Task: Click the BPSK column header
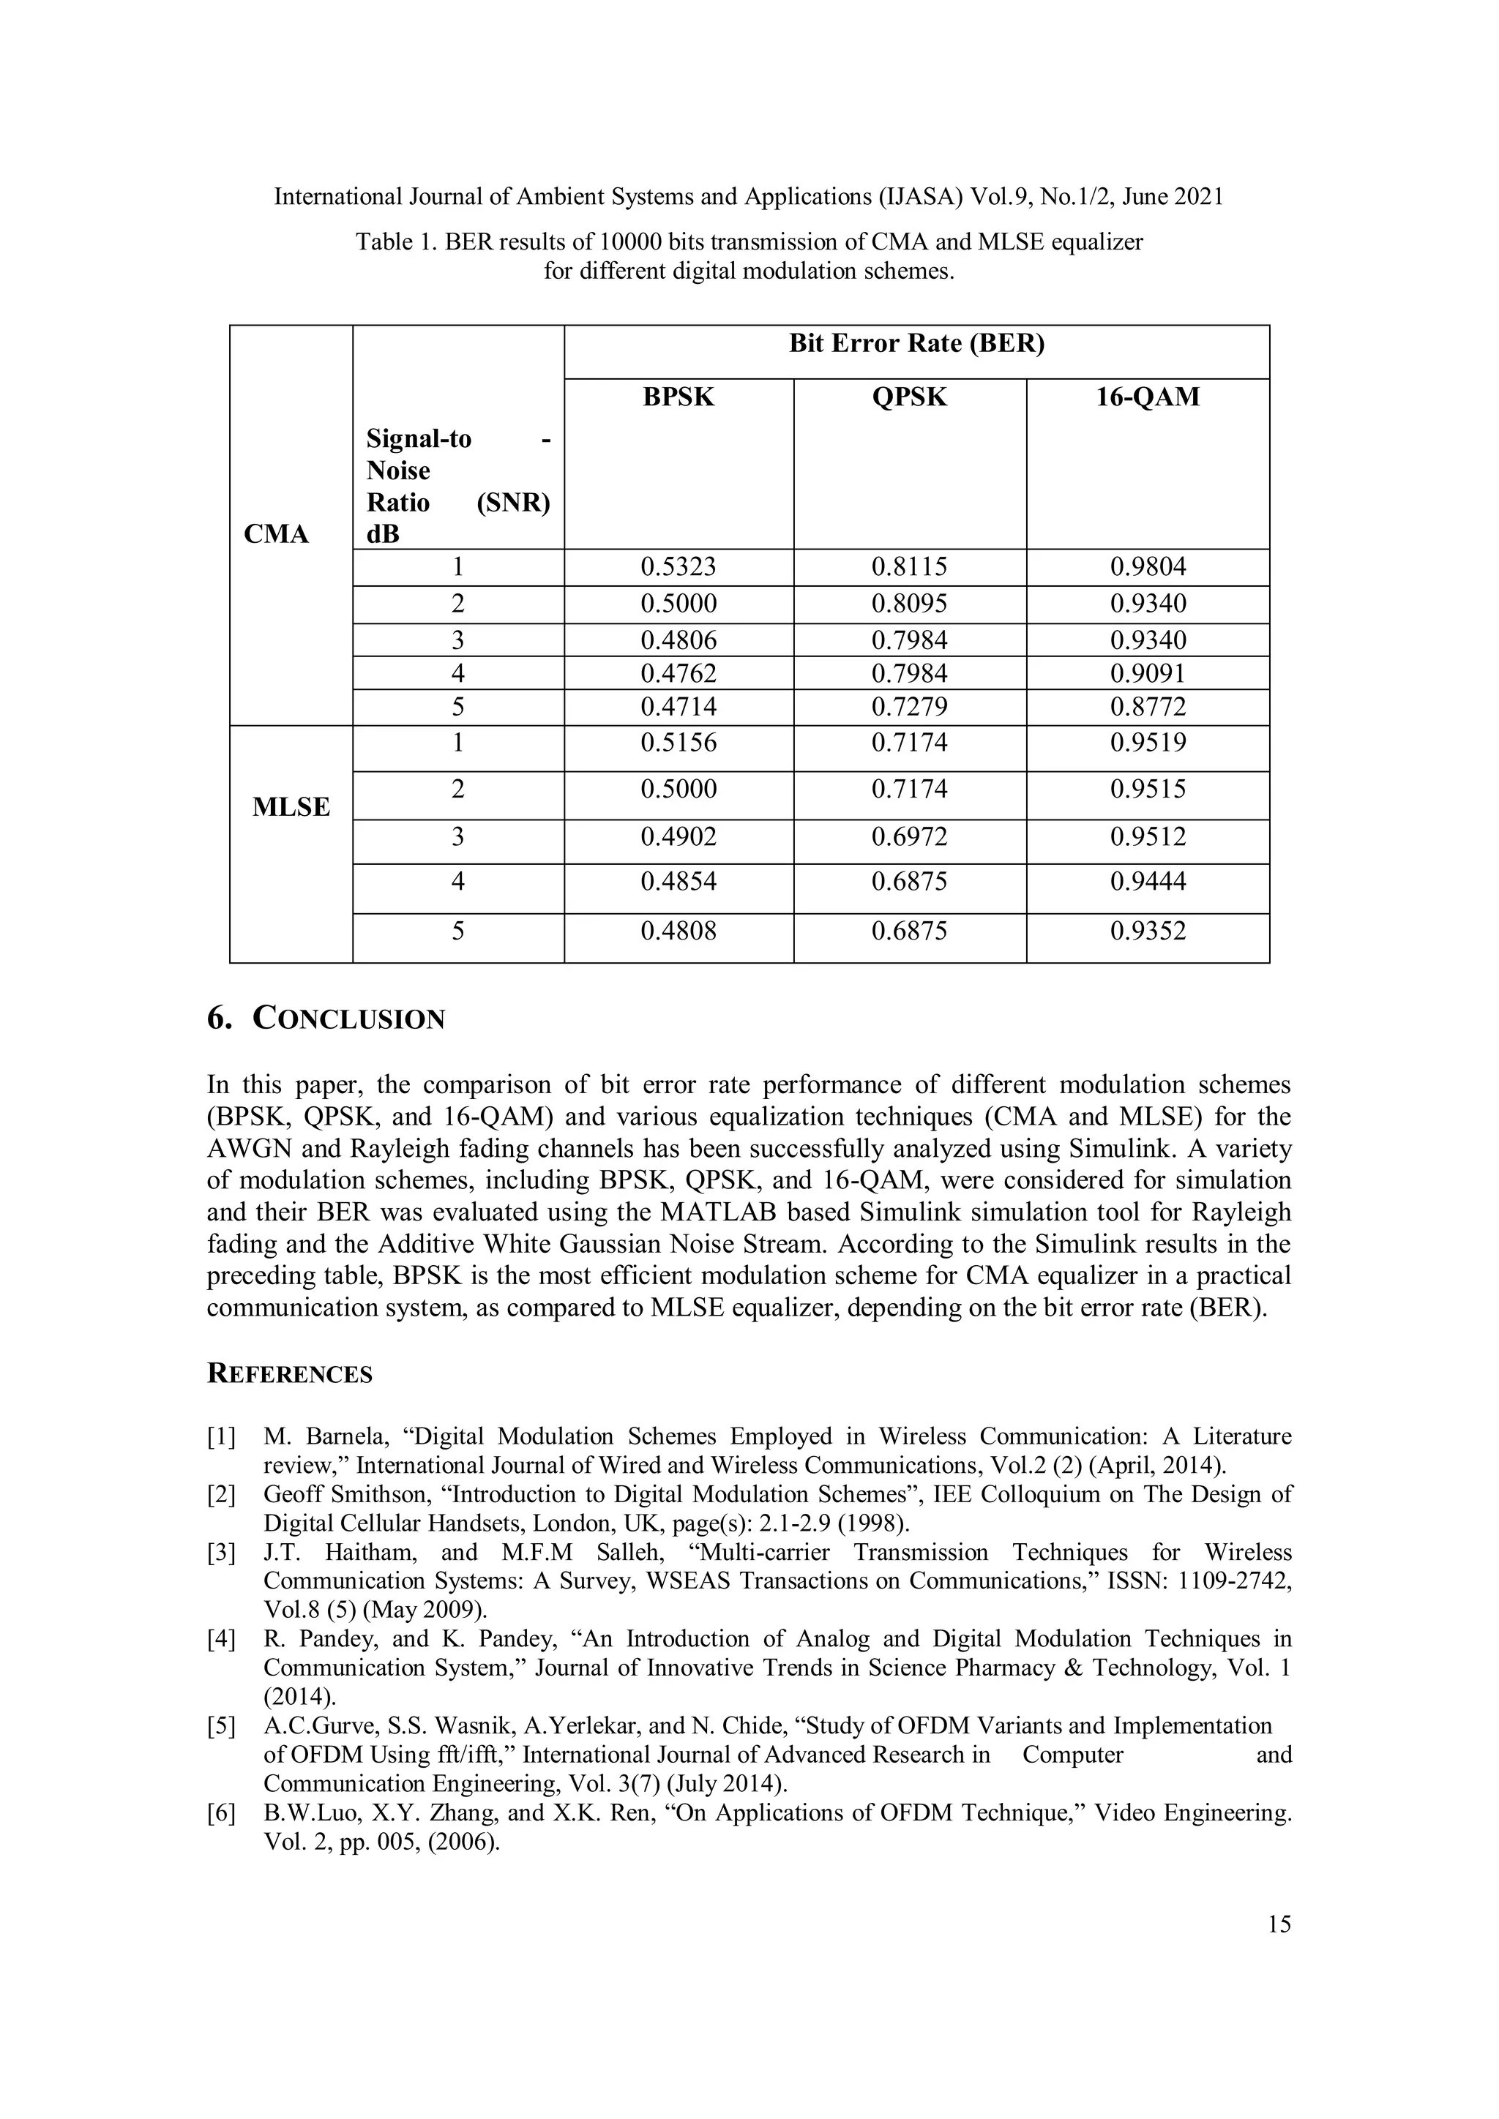[x=679, y=397]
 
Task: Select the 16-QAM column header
[x=1148, y=397]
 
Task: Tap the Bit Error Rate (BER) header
[x=916, y=344]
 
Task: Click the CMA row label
[x=276, y=534]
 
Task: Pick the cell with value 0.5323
[x=679, y=566]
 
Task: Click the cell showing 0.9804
[x=1148, y=566]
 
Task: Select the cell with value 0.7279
[x=909, y=707]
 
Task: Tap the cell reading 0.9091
[x=1148, y=673]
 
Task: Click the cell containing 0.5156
[x=679, y=743]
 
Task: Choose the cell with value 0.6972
[x=909, y=837]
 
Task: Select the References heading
[x=289, y=1374]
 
